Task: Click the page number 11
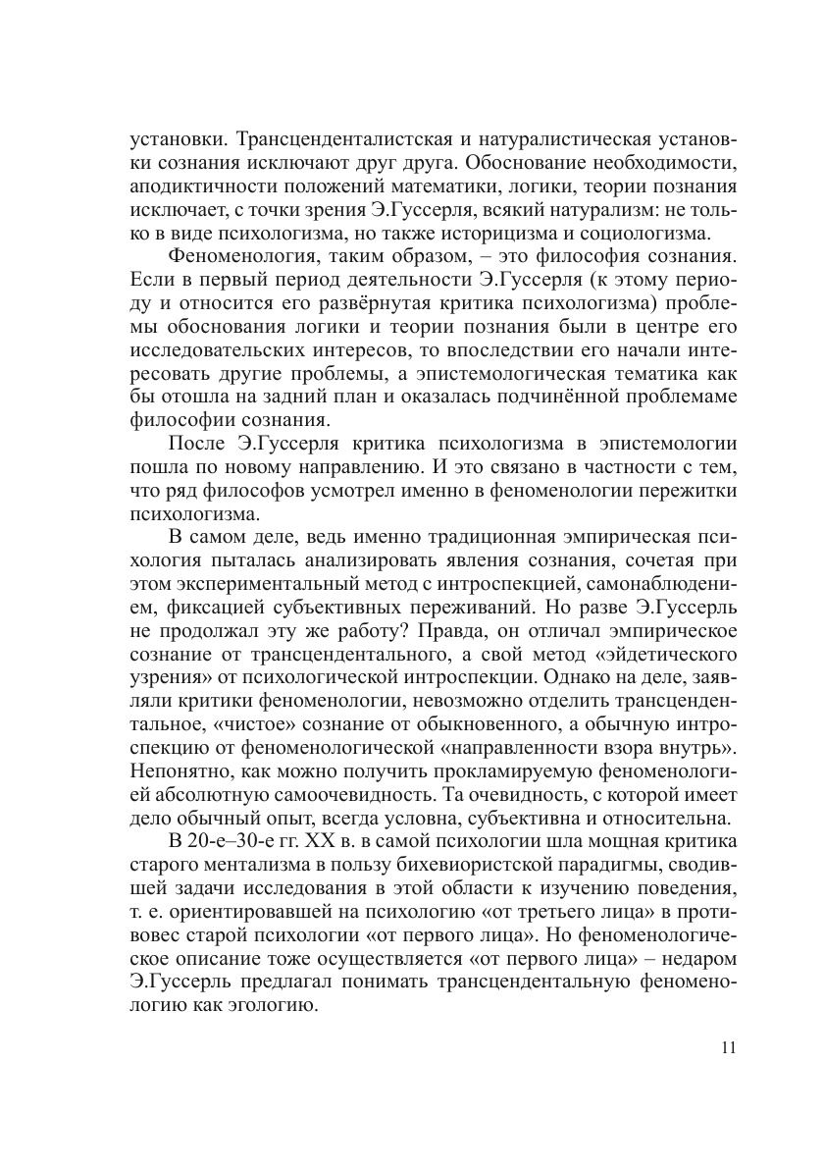(x=727, y=1047)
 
